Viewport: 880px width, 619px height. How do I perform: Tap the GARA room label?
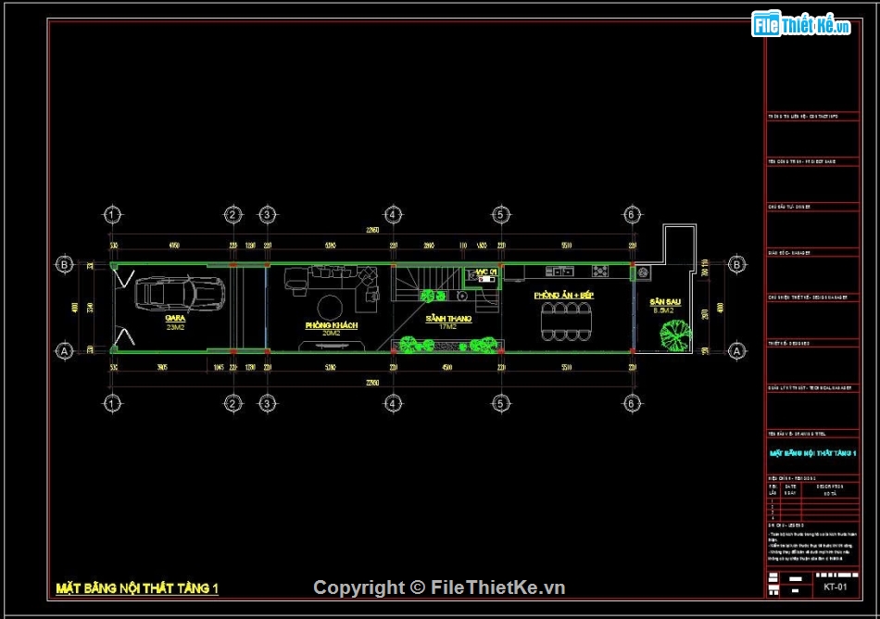click(x=175, y=318)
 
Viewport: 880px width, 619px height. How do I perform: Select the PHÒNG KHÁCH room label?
click(x=331, y=326)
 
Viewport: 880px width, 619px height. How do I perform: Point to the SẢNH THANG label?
click(x=449, y=319)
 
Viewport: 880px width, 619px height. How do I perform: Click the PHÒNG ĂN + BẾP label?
click(x=562, y=295)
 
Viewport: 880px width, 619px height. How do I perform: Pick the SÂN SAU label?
click(x=664, y=303)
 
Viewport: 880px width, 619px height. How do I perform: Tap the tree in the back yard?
click(x=676, y=335)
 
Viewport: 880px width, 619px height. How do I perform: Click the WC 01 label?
click(x=485, y=272)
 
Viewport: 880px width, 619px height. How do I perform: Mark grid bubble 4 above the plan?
click(x=393, y=215)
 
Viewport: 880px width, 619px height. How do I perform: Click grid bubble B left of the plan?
click(x=65, y=265)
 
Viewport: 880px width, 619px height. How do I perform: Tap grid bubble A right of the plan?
click(x=736, y=351)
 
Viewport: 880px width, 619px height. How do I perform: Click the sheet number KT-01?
click(x=835, y=586)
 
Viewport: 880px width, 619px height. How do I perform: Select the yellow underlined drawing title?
click(x=137, y=587)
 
